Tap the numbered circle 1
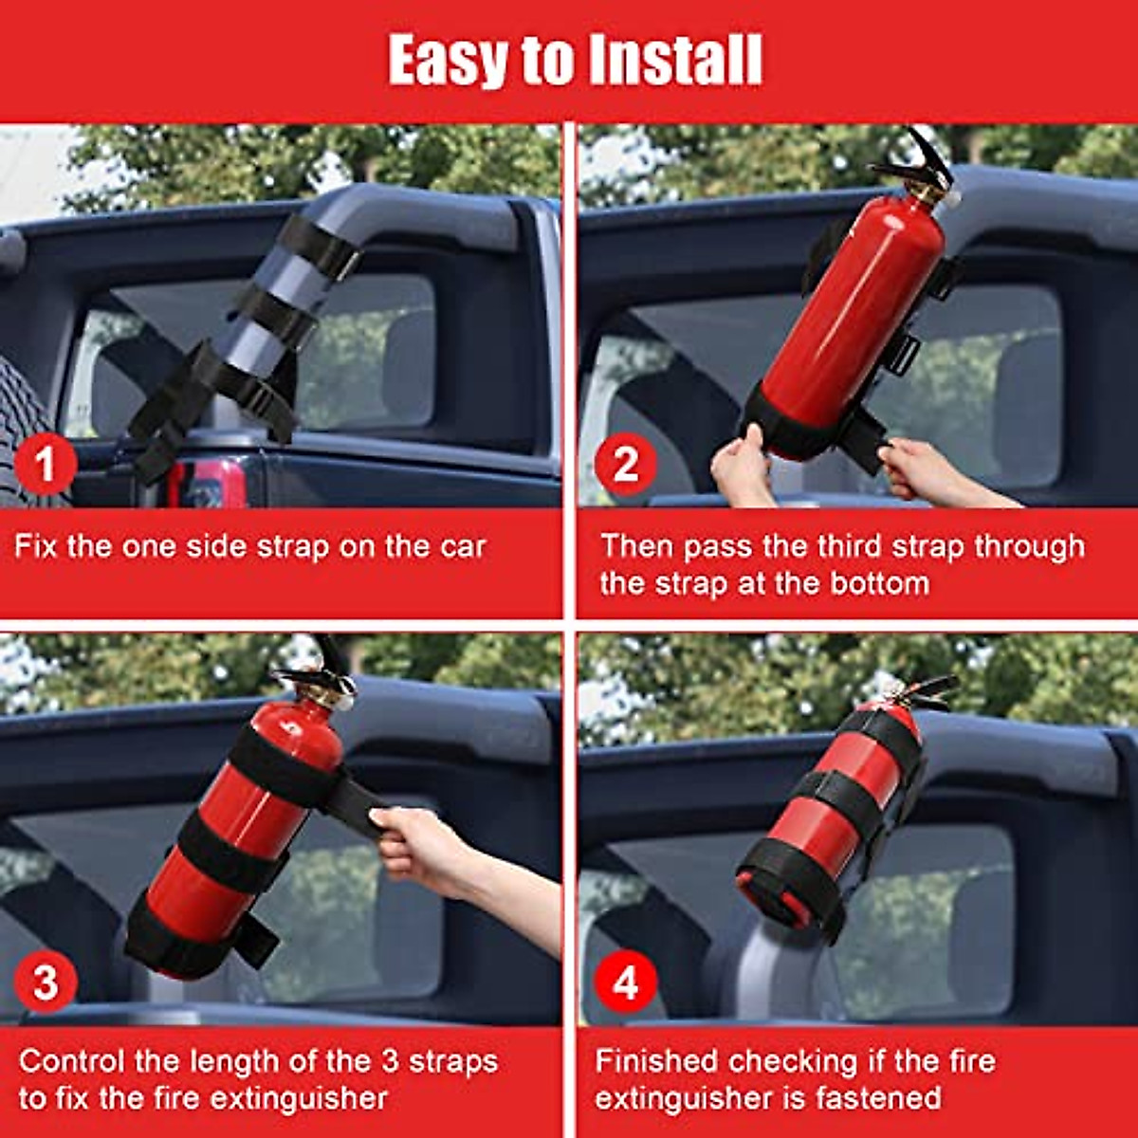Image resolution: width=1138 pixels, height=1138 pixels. (x=45, y=465)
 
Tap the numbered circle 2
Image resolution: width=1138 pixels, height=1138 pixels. (x=625, y=465)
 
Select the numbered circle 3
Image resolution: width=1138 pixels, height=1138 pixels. (x=45, y=982)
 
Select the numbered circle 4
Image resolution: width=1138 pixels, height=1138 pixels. (x=625, y=982)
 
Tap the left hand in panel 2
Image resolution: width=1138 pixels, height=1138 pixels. (x=742, y=465)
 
